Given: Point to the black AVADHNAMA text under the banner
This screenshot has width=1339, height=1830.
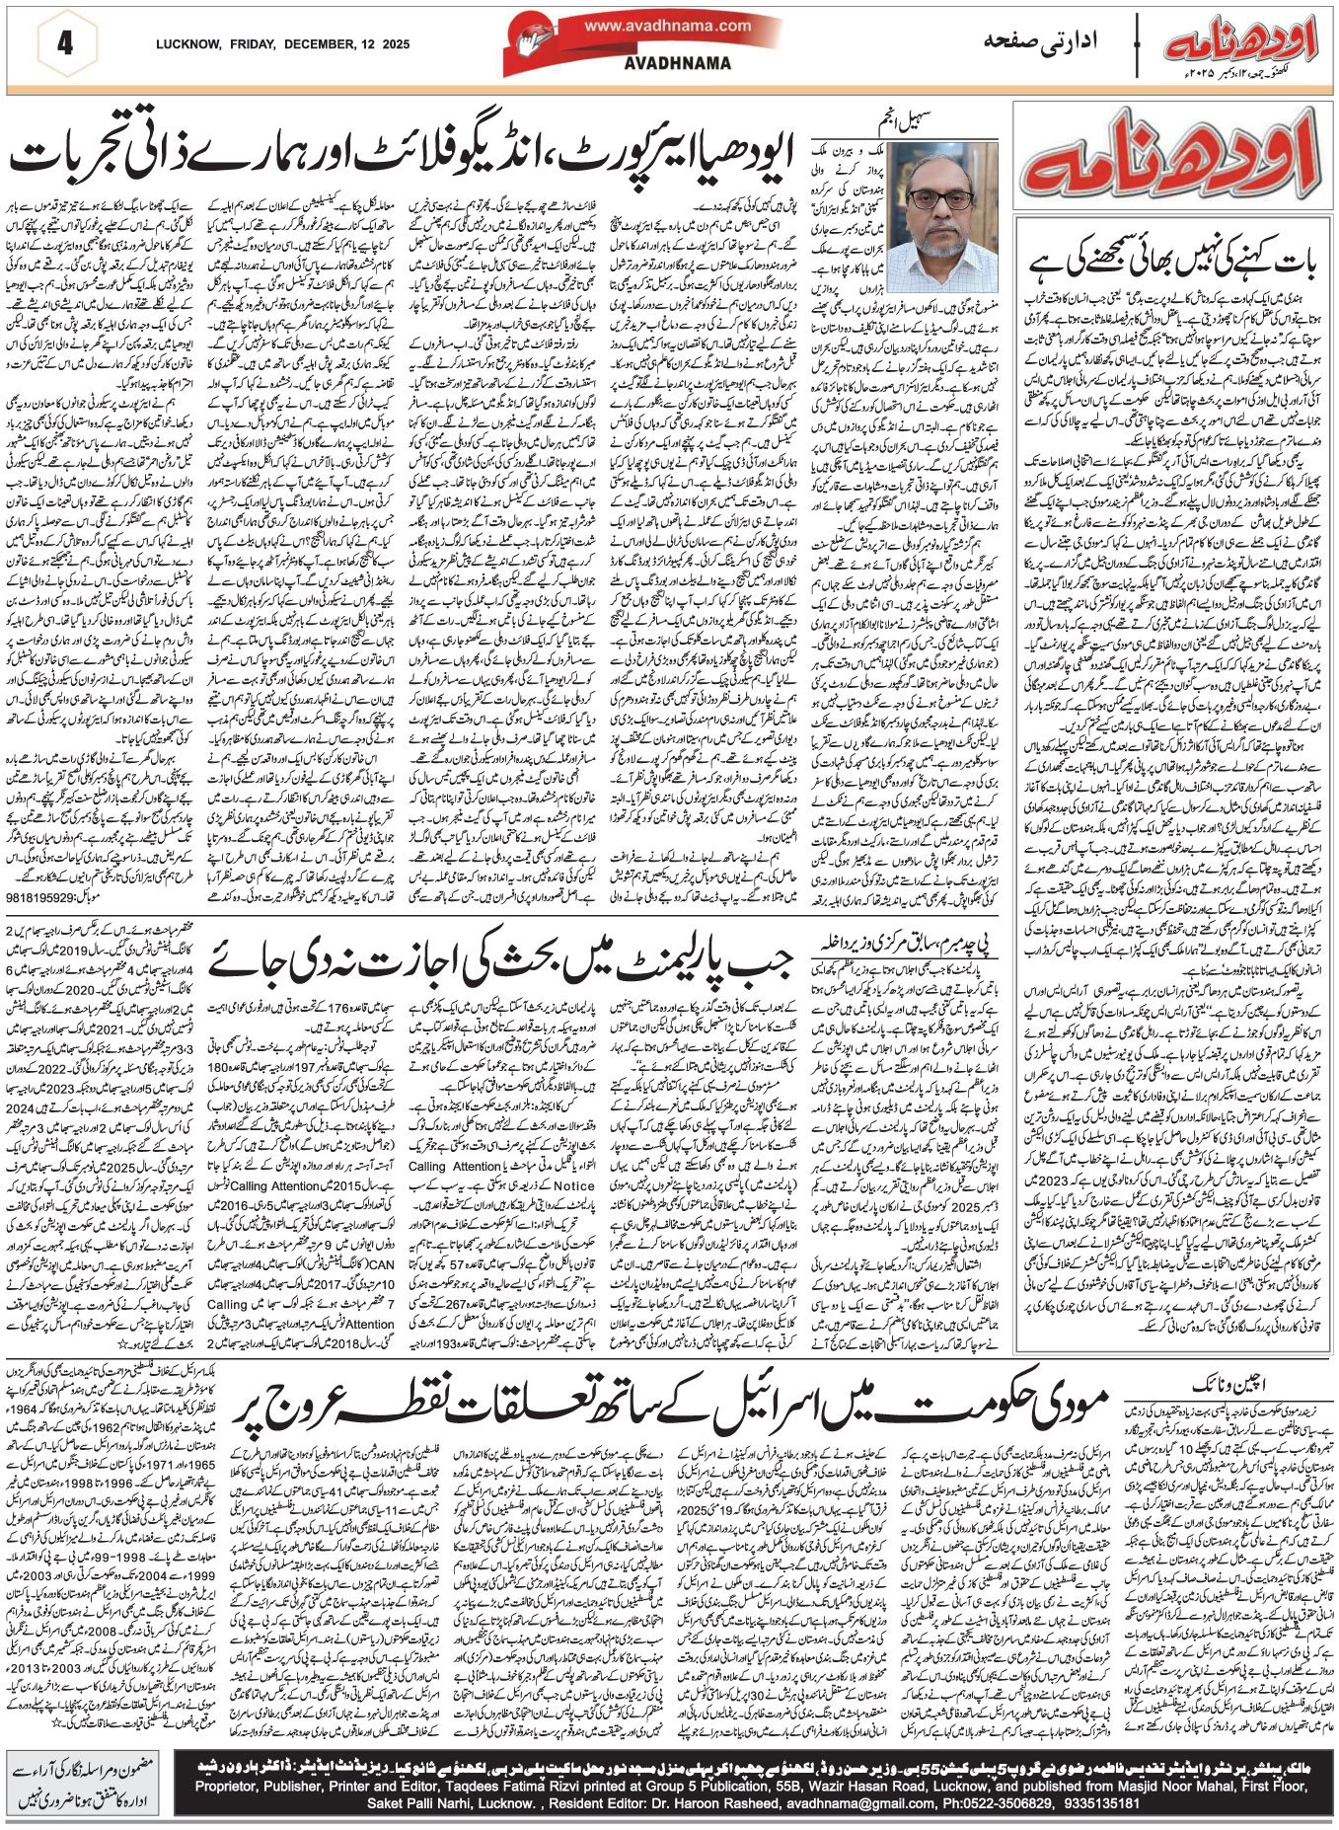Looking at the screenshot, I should pos(678,63).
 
